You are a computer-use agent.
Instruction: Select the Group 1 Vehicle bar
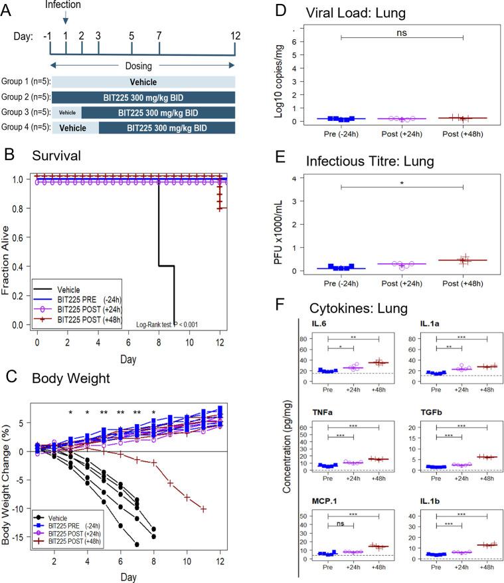(x=143, y=82)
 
